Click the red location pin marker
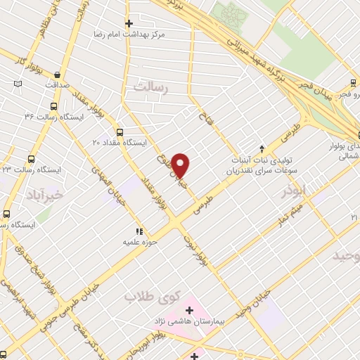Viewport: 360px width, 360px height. (x=181, y=165)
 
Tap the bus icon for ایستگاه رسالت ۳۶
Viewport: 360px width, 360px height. (x=53, y=107)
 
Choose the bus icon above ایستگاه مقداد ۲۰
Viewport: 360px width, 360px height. (x=120, y=131)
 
